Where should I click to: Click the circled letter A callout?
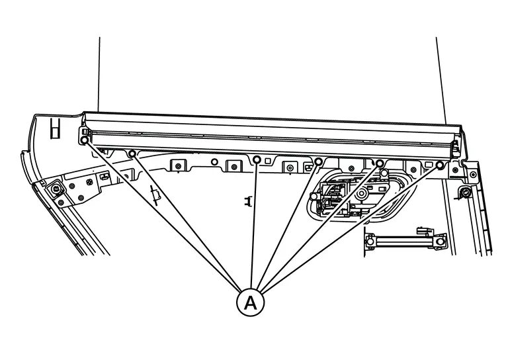click(x=251, y=302)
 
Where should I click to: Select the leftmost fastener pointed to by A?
click(x=84, y=140)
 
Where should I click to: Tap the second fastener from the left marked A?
click(x=132, y=154)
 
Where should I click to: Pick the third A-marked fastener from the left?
click(x=257, y=159)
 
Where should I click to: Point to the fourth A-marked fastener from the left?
click(x=318, y=161)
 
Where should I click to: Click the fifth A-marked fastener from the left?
click(x=380, y=163)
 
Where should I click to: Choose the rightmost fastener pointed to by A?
click(x=440, y=165)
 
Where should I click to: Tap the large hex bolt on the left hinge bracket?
click(x=56, y=188)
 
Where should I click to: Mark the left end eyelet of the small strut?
click(x=370, y=242)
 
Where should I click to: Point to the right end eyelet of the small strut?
click(x=440, y=242)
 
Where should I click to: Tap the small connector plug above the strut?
click(x=425, y=231)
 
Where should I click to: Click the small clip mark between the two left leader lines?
click(x=156, y=195)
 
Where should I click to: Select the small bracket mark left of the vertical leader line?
click(x=248, y=201)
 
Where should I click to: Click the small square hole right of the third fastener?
click(x=268, y=161)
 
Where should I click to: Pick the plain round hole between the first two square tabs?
click(x=214, y=161)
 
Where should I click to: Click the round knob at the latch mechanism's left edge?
click(x=314, y=197)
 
